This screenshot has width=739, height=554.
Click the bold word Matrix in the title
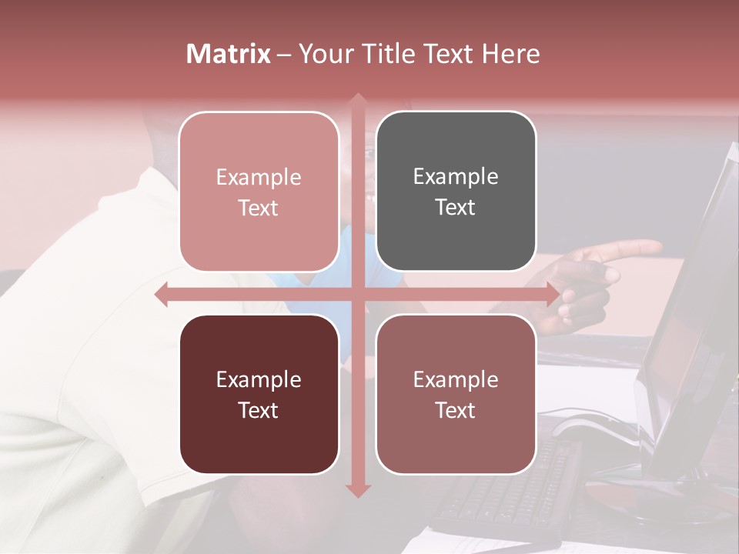(x=229, y=54)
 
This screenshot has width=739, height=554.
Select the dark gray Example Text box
(x=456, y=192)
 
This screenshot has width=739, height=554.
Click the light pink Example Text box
(x=259, y=192)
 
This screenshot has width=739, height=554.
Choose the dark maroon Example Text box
(x=259, y=394)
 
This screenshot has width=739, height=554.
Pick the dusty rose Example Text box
(x=456, y=394)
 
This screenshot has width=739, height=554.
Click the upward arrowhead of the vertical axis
(x=357, y=99)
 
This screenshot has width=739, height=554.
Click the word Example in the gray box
(x=456, y=177)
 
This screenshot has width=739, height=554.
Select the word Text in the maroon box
(x=259, y=410)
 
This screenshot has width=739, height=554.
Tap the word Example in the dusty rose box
(x=456, y=379)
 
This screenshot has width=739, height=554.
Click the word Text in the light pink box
(x=259, y=208)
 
